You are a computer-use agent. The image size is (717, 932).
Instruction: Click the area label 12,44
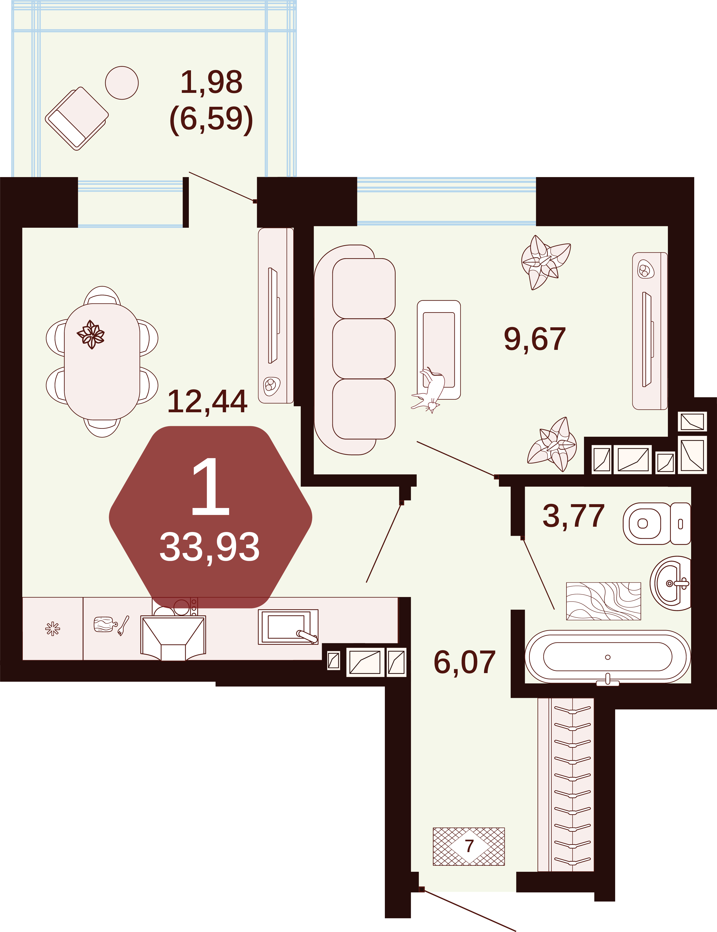[x=207, y=402]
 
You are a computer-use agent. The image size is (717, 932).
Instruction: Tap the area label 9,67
[x=535, y=339]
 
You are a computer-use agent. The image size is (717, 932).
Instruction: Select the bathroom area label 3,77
[x=573, y=516]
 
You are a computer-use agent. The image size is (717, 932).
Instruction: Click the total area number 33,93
[x=209, y=548]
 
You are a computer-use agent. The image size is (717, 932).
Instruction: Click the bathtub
[x=607, y=657]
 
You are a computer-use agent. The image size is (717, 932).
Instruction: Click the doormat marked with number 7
[x=468, y=847]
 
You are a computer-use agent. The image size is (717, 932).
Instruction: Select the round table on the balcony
[x=122, y=83]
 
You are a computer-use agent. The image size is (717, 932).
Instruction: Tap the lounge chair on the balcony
[x=77, y=118]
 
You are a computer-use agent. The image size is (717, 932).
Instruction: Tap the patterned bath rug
[x=603, y=601]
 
